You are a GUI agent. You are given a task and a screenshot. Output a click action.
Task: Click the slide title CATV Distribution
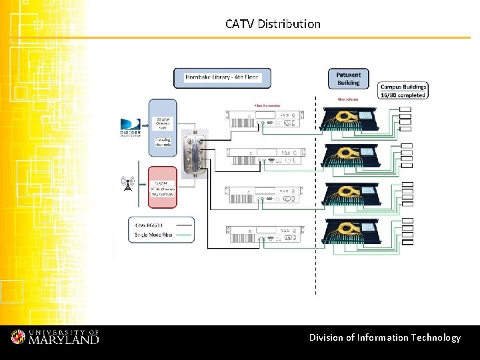pos(273,24)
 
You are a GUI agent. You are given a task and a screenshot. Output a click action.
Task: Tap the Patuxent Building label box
pos(348,79)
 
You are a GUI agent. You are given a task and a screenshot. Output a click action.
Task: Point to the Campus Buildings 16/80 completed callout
pos(403,91)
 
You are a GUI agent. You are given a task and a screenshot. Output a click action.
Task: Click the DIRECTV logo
pos(131,127)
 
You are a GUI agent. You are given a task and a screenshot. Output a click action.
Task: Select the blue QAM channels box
pos(163,127)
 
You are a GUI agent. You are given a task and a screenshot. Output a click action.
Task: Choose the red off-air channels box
pos(163,187)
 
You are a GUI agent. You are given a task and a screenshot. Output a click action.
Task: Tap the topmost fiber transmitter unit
pos(266,121)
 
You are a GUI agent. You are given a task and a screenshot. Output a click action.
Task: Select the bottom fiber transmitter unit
pos(266,234)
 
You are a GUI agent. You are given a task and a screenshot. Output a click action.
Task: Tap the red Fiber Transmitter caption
pos(267,105)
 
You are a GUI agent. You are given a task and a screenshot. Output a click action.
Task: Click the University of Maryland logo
pos(55,337)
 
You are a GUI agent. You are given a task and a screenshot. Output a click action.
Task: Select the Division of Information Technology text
pos(385,337)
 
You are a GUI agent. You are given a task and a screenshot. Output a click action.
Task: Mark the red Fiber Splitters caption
pos(348,99)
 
